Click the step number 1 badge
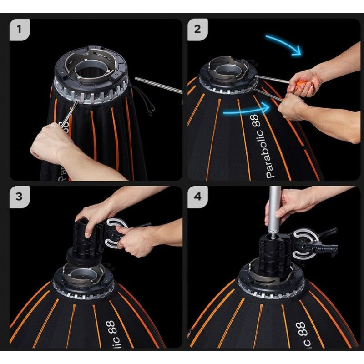point(20,30)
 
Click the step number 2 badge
point(197,30)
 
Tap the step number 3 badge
point(20,197)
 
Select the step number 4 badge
point(197,197)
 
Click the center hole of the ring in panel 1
point(91,71)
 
